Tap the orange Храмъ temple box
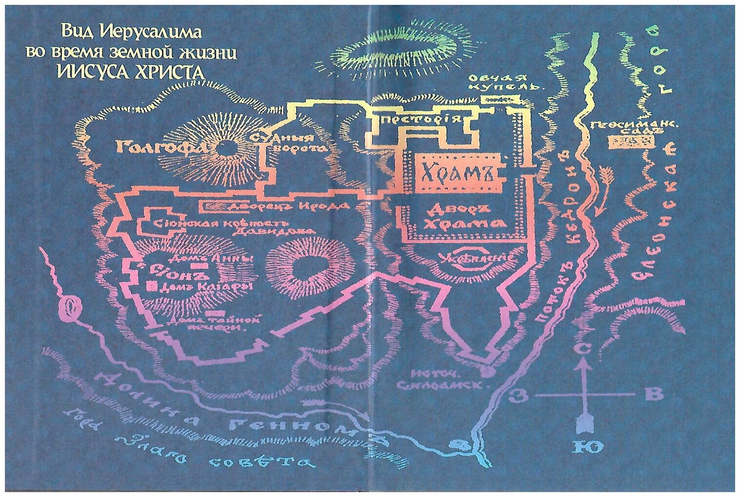pos(457,172)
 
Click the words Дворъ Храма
pos(463,216)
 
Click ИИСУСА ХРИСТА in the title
pos(131,72)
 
